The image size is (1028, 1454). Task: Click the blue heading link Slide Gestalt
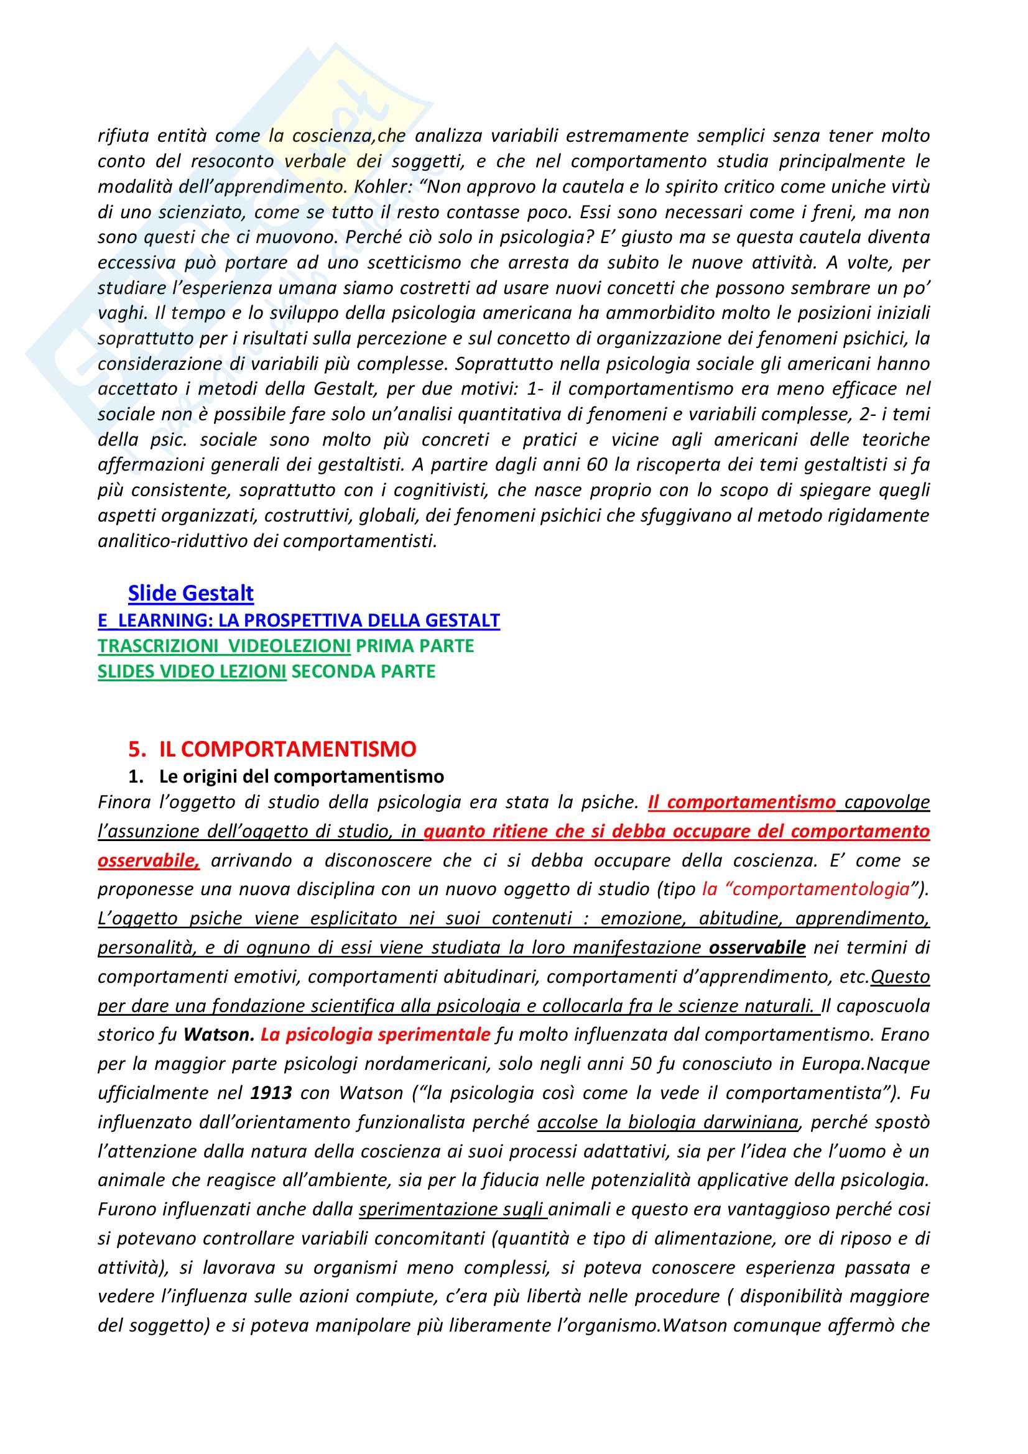(x=191, y=594)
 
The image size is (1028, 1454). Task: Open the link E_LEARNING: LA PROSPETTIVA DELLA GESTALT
(x=299, y=620)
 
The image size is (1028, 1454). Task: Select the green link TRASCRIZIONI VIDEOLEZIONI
(x=224, y=646)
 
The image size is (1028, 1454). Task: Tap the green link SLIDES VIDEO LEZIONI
(x=192, y=671)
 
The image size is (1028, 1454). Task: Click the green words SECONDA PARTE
(x=363, y=671)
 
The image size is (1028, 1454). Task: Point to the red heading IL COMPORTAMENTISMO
(x=287, y=749)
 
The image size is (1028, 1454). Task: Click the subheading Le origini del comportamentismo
(x=302, y=776)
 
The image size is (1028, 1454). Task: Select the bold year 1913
(x=271, y=1093)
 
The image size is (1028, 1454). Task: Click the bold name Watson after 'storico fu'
(x=218, y=1035)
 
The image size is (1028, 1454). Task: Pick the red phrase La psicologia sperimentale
(x=376, y=1035)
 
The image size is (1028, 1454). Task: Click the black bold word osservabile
(x=757, y=948)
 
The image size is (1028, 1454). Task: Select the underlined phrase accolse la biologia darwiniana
(x=667, y=1123)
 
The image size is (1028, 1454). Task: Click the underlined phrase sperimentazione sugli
(x=453, y=1210)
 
